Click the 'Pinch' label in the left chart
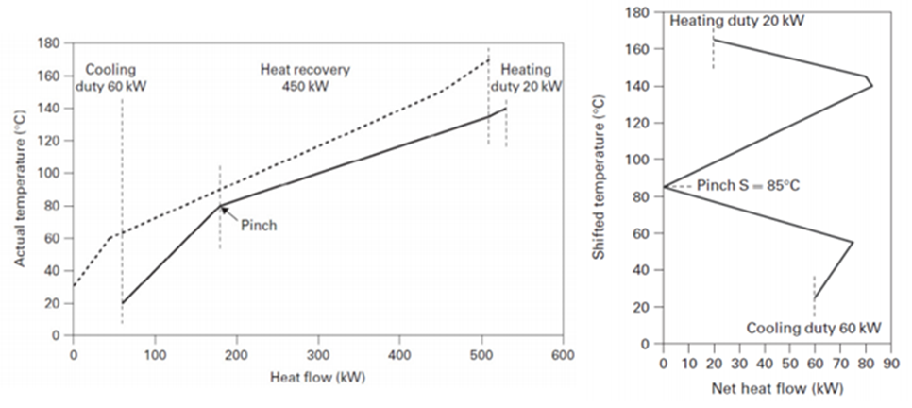point(259,227)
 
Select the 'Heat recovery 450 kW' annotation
point(305,77)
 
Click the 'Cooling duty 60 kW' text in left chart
point(111,77)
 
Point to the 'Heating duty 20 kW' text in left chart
point(531,77)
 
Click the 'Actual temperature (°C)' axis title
point(20,190)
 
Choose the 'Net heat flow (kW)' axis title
point(776,387)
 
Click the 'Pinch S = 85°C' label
point(748,186)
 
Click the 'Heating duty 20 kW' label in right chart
point(737,20)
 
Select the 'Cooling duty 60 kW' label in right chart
point(814,328)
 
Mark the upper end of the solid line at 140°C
point(506,109)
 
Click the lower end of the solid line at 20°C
point(123,303)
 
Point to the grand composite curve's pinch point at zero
point(664,187)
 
